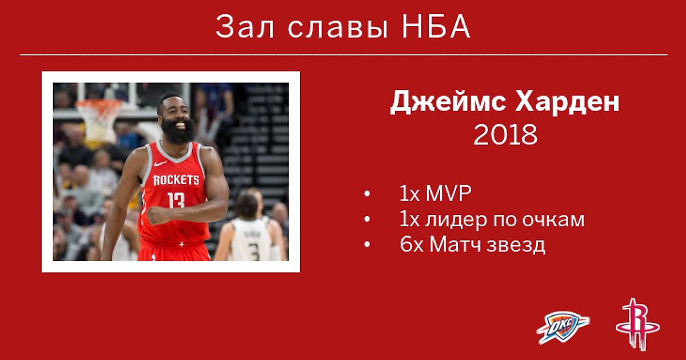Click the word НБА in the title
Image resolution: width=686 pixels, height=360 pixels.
tap(436, 27)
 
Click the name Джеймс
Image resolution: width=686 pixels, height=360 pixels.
tap(448, 102)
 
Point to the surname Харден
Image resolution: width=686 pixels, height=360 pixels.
tap(567, 102)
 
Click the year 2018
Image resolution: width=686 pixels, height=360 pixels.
tap(505, 134)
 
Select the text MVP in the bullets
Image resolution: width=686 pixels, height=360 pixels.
tap(448, 193)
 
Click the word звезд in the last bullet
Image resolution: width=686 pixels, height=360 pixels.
tap(516, 245)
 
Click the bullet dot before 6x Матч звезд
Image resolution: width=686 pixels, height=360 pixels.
tap(367, 245)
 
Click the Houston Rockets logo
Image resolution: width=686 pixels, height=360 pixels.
tap(638, 325)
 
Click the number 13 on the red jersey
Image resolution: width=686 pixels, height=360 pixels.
tap(176, 200)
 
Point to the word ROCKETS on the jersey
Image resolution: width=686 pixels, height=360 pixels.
tap(176, 180)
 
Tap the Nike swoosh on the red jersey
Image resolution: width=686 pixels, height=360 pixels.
tap(161, 163)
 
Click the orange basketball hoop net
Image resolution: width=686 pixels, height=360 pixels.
tap(99, 120)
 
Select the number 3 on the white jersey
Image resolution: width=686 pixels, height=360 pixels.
tap(254, 251)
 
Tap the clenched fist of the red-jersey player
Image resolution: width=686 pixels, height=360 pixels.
tap(157, 215)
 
